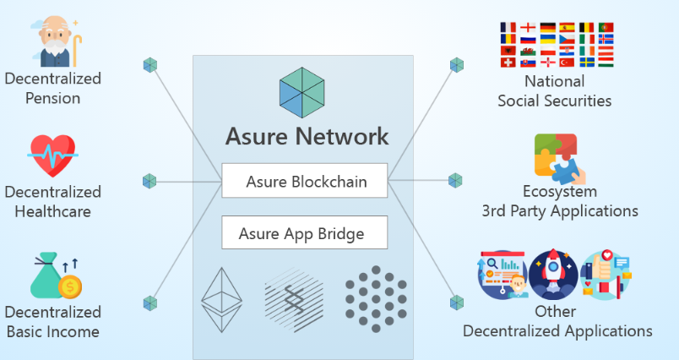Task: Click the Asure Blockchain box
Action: click(x=305, y=181)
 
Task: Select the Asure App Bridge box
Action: click(x=305, y=232)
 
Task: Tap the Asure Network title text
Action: click(x=307, y=136)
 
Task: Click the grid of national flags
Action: click(x=557, y=45)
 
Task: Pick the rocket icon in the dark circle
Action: click(x=554, y=275)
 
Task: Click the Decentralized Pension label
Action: click(x=52, y=88)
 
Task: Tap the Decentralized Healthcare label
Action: click(x=52, y=201)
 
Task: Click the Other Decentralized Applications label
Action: click(x=557, y=321)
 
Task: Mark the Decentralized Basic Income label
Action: click(x=52, y=322)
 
